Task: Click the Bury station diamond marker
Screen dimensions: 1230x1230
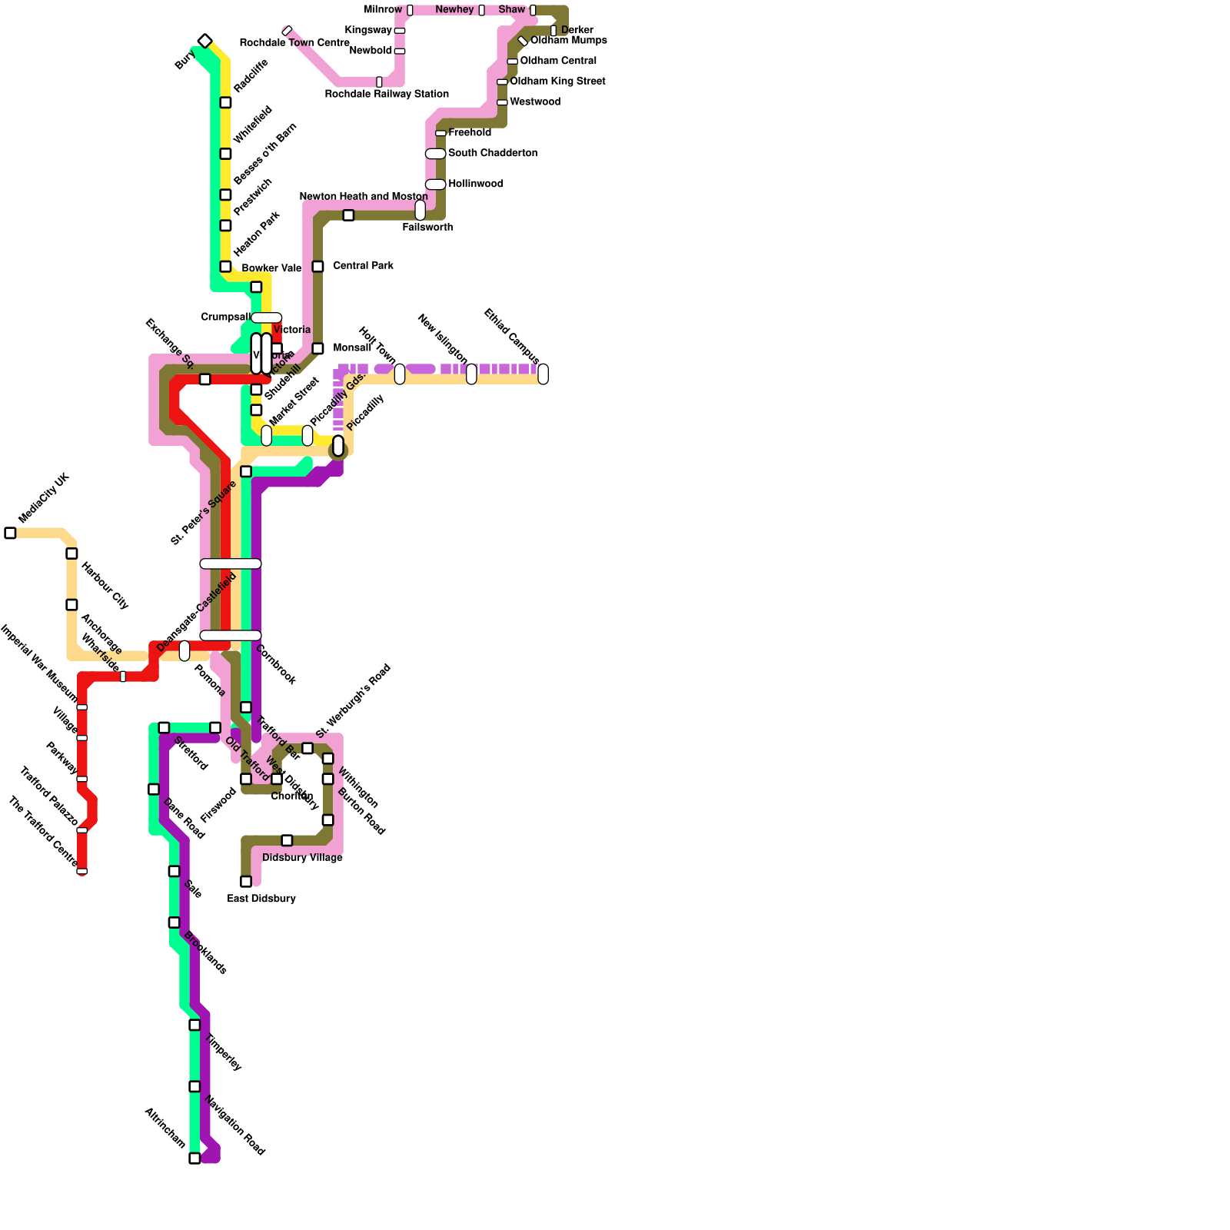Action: tap(204, 41)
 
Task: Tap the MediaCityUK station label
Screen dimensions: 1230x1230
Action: tap(43, 499)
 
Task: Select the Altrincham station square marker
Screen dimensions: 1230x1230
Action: tap(194, 1158)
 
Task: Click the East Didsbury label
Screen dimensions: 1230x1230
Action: tap(261, 899)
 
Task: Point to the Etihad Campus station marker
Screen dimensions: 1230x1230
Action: tap(543, 374)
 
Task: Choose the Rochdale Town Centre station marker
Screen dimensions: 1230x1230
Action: tap(287, 32)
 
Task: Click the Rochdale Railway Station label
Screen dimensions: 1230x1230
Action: tap(387, 95)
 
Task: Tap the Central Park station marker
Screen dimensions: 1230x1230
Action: tap(317, 267)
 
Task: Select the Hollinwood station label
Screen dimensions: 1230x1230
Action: tap(476, 184)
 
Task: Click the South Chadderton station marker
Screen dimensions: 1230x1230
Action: tap(435, 154)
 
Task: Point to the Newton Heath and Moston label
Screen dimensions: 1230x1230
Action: tap(364, 197)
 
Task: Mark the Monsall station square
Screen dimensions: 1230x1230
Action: tap(317, 349)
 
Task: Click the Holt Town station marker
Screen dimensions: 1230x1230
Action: tap(400, 374)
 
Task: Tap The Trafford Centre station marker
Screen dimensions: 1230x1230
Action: tap(81, 871)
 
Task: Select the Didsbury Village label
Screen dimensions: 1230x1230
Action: tap(302, 858)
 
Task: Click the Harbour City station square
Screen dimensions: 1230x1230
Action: tap(71, 553)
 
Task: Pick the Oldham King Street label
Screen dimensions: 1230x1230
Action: tap(557, 81)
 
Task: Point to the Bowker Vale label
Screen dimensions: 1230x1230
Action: tap(271, 268)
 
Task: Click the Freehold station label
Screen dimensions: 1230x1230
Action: tap(470, 133)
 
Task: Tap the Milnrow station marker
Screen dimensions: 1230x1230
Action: tap(410, 10)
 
